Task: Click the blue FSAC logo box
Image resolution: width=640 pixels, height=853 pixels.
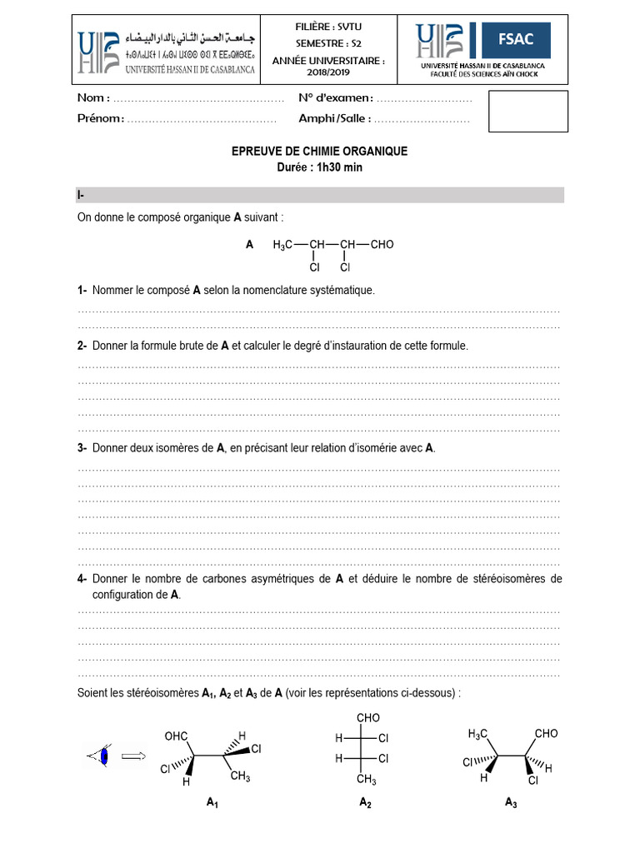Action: click(518, 38)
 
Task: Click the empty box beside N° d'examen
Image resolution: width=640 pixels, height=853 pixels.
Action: click(527, 112)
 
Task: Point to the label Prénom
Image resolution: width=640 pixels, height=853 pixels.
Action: click(100, 118)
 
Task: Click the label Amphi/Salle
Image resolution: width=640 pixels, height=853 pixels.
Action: click(333, 118)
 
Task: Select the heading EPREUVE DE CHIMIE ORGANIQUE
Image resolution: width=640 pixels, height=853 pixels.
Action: click(319, 152)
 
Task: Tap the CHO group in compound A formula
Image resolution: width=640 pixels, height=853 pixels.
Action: click(381, 245)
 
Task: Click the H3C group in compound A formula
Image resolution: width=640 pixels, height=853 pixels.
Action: click(282, 245)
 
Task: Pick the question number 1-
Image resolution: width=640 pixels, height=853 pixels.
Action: click(82, 291)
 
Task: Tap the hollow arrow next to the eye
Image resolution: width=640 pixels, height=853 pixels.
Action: click(132, 756)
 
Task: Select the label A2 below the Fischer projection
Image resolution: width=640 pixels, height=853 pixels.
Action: click(365, 802)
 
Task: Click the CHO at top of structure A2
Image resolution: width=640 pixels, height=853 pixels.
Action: click(367, 718)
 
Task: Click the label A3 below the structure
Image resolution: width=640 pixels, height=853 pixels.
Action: click(511, 802)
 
